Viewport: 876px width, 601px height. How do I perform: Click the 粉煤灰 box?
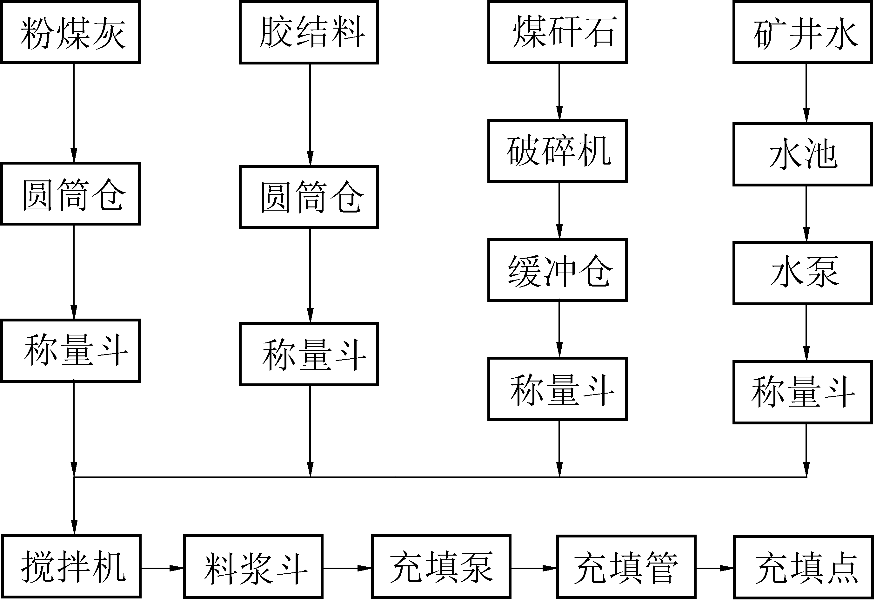70,32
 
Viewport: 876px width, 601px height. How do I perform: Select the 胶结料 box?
309,32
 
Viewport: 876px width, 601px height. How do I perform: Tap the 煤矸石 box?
558,32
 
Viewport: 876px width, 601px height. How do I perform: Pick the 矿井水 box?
803,32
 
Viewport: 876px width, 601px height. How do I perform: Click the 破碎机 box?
558,151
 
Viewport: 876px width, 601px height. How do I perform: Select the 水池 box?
803,154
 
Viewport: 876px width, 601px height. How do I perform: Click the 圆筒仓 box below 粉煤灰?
70,194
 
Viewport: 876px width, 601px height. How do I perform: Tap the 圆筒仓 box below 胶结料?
309,197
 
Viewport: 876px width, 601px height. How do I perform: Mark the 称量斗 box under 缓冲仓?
558,389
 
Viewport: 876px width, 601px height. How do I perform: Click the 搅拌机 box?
71,566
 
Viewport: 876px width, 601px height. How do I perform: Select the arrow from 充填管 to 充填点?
715,568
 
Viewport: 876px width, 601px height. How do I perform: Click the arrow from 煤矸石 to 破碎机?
559,91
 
